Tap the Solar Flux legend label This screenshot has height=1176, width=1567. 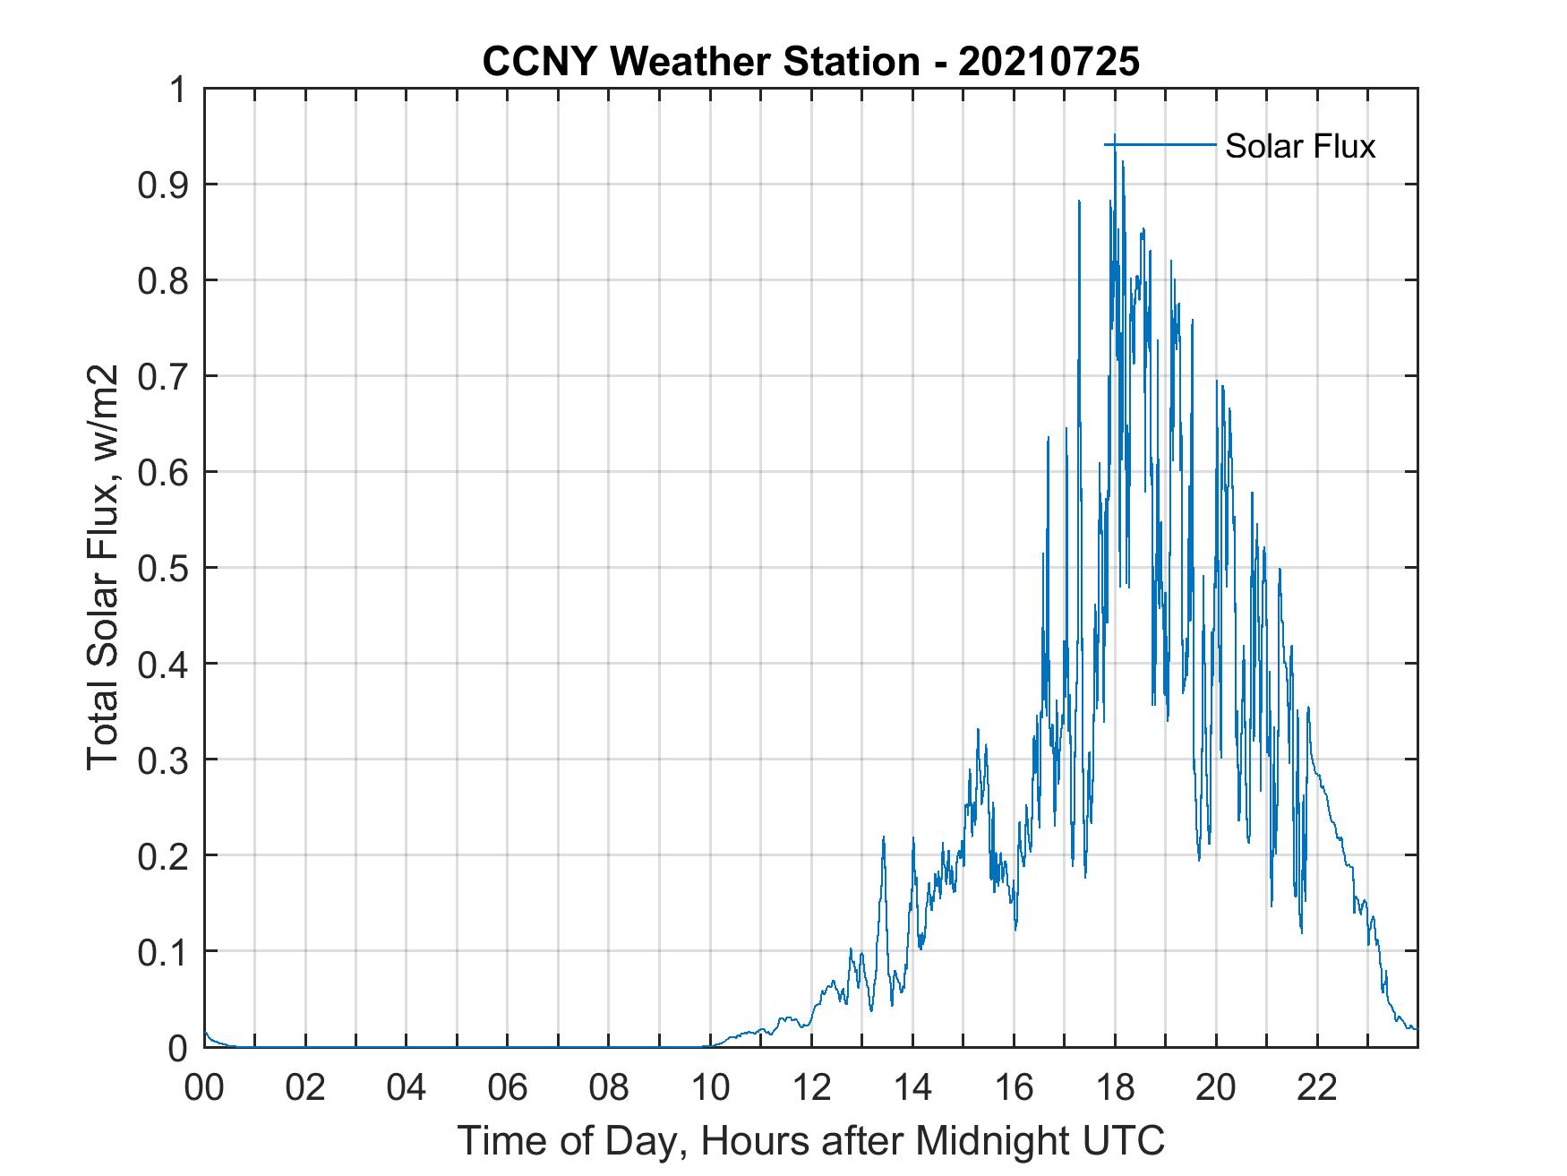(x=1299, y=146)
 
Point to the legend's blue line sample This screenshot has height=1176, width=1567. (x=1160, y=145)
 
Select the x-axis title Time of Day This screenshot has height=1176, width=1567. (x=810, y=1140)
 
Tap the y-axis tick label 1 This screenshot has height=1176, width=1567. (x=178, y=90)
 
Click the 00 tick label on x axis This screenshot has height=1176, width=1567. (x=204, y=1087)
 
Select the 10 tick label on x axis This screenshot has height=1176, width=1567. (x=711, y=1087)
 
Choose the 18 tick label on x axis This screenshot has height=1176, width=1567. (x=1116, y=1087)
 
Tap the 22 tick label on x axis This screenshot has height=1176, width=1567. (x=1318, y=1087)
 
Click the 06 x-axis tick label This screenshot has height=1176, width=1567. (x=508, y=1087)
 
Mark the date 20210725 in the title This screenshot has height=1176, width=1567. (x=1049, y=62)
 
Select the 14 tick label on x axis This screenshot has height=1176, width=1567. (x=913, y=1087)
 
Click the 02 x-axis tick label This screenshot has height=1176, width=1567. (x=305, y=1087)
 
